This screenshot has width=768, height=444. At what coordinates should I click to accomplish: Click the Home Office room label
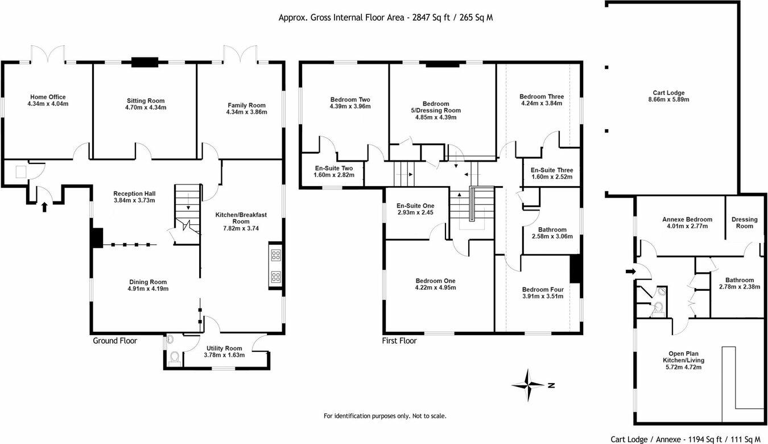tap(48, 97)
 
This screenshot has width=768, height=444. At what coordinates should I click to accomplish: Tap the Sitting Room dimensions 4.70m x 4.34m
tap(146, 108)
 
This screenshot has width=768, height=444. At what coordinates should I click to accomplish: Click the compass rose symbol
tap(529, 385)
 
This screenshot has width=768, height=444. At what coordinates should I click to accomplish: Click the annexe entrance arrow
tap(630, 272)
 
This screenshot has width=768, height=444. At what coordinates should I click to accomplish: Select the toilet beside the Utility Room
tap(175, 357)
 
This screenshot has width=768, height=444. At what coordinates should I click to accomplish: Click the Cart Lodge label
tap(668, 93)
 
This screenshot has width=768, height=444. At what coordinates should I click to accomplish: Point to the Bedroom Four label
tap(543, 289)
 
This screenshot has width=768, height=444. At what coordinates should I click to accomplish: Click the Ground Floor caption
tap(115, 341)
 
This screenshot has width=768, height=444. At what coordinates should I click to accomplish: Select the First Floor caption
tap(399, 341)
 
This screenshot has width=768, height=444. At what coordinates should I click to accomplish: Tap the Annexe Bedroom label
tap(687, 219)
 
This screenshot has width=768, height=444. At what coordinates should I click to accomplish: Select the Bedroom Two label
tap(350, 99)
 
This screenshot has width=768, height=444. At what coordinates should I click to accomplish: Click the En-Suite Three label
tap(551, 170)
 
